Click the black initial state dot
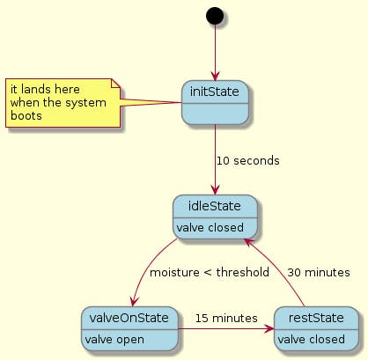click(x=215, y=16)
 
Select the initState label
click(x=215, y=92)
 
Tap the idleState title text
click(x=215, y=206)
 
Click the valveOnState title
click(x=129, y=318)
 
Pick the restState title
click(x=316, y=318)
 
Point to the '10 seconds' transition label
click(x=248, y=161)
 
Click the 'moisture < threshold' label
click(x=210, y=273)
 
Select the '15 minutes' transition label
click(x=226, y=319)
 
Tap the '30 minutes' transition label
click(x=319, y=273)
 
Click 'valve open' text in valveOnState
click(x=114, y=340)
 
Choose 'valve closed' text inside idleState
click(x=210, y=228)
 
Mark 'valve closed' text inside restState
click(x=311, y=340)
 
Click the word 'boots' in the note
click(x=26, y=115)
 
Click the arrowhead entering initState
click(x=215, y=77)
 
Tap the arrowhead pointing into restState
click(x=269, y=329)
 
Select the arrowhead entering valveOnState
click(x=134, y=301)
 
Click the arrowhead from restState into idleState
click(x=249, y=242)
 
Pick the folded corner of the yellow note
click(x=116, y=84)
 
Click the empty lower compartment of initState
click(x=215, y=114)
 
